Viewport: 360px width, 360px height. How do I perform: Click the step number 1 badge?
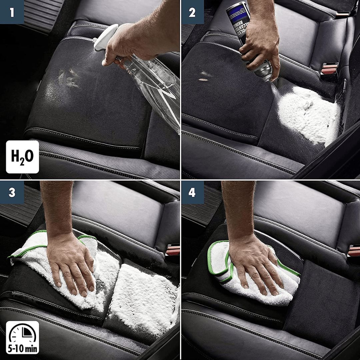[x=12, y=12]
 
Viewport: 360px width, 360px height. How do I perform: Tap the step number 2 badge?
[x=192, y=12]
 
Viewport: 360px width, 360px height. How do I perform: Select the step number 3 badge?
[x=12, y=193]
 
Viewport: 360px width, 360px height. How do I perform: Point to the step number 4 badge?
[x=192, y=193]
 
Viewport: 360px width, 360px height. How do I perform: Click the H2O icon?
[x=22, y=157]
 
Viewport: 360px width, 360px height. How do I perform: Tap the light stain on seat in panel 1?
[x=68, y=78]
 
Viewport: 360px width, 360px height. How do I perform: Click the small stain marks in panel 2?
[x=204, y=77]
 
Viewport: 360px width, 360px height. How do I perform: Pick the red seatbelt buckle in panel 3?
[x=172, y=250]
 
